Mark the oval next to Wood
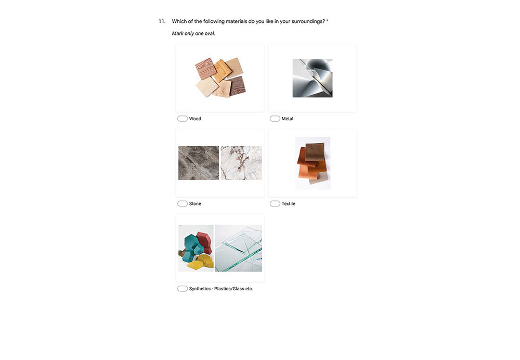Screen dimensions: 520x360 (x=183, y=119)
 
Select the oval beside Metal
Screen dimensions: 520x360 (x=275, y=119)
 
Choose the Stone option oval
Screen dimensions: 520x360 (x=183, y=203)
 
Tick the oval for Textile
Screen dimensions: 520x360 (x=275, y=203)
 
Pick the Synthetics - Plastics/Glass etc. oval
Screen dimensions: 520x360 (x=183, y=289)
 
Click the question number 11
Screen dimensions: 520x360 (x=162, y=21)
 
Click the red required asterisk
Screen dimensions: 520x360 (x=327, y=21)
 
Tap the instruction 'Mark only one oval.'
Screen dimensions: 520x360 (x=193, y=33)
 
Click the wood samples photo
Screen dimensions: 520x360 (x=220, y=78)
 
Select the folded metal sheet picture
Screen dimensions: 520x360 (x=313, y=79)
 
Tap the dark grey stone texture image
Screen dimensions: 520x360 (x=199, y=163)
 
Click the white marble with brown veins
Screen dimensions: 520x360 (x=241, y=163)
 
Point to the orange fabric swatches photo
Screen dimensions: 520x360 (x=313, y=163)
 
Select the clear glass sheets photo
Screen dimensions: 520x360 (x=239, y=248)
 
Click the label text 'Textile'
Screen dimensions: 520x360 (x=288, y=204)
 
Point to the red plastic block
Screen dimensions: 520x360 (x=204, y=242)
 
